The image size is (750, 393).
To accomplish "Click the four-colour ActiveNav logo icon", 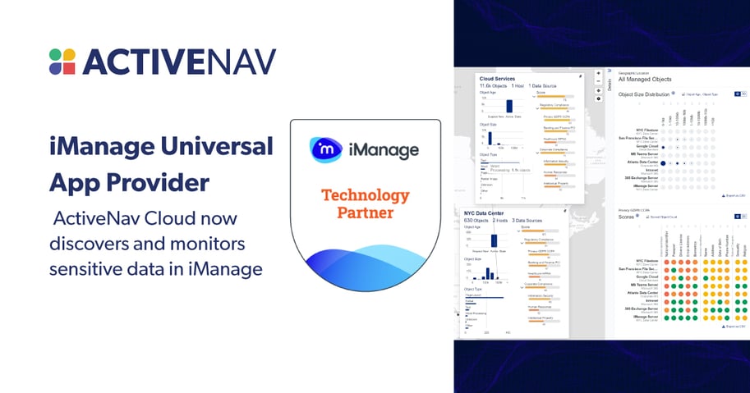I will (x=62, y=62).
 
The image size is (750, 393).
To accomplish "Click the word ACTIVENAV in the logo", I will (x=178, y=62).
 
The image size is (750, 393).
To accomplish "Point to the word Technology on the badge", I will (x=365, y=195).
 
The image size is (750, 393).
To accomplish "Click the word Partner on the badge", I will (x=365, y=213).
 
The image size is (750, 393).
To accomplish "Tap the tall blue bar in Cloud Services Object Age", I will (x=509, y=105).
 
